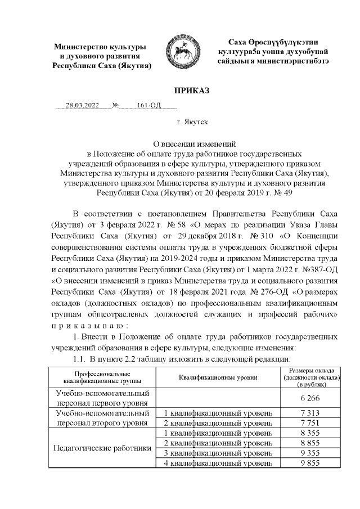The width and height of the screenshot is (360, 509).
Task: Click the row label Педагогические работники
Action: point(102,448)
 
